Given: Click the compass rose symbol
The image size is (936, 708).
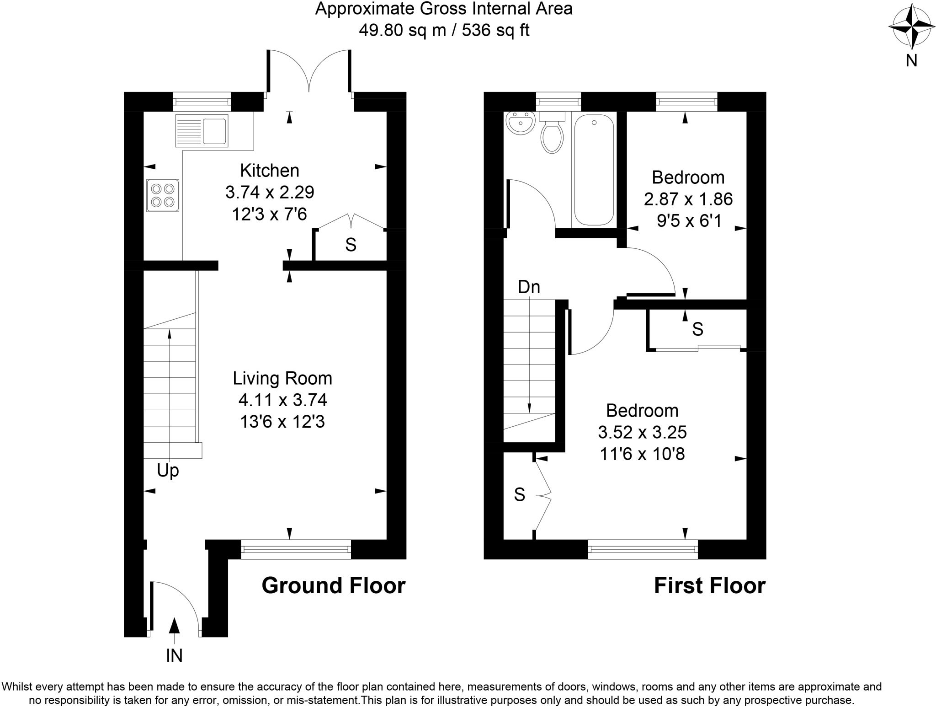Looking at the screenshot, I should click(911, 27).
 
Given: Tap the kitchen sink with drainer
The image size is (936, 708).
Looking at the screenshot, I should click(202, 131).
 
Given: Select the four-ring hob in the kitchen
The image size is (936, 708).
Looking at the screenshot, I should click(163, 195).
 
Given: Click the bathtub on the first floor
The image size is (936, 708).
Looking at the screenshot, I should click(594, 170).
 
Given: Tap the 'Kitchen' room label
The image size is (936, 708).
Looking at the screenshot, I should click(270, 171).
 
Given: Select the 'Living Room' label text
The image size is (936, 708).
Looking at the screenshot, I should click(282, 378).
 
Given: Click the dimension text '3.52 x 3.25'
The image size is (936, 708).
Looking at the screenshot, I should click(642, 432).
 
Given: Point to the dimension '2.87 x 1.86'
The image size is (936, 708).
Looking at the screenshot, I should click(688, 199).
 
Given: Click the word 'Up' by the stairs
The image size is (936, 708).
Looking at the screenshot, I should click(168, 470).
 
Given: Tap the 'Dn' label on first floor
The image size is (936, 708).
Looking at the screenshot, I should click(529, 287).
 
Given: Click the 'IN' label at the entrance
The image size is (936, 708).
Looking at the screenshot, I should click(174, 656).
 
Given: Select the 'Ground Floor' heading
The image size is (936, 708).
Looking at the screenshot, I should click(333, 586).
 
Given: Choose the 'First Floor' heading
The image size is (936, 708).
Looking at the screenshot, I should click(709, 586).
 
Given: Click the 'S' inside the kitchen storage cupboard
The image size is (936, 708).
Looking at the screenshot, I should click(351, 245).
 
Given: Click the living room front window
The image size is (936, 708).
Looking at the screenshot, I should click(296, 549).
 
